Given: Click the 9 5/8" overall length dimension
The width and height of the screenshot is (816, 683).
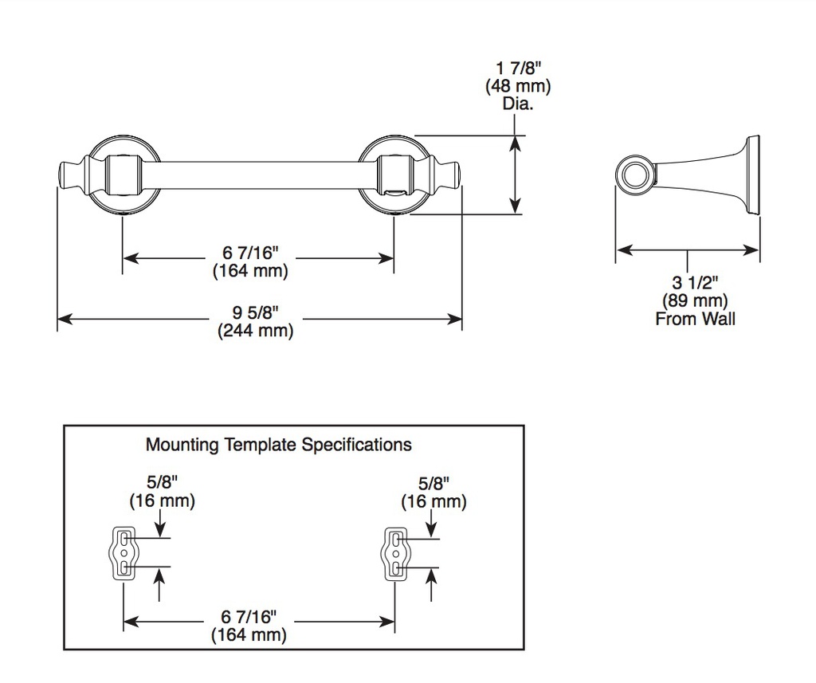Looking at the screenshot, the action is click(256, 312).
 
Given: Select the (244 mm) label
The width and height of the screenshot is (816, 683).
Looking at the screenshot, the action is click(256, 331).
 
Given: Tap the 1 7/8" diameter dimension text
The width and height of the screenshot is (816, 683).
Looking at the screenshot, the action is click(518, 68).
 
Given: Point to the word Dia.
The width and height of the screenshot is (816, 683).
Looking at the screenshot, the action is click(518, 104).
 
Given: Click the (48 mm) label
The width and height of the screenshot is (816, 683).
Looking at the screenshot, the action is click(518, 86).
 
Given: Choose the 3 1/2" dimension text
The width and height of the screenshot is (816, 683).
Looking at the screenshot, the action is click(695, 283).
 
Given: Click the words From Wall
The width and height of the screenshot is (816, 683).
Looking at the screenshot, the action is click(695, 319).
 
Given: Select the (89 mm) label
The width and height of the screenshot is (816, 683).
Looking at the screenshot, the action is click(695, 300).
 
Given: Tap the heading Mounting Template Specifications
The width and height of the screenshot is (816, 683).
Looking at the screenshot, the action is click(278, 445).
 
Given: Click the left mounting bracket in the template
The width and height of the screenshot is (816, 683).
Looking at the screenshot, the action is click(124, 553).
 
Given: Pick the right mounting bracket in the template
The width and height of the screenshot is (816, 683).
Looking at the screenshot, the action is click(395, 553).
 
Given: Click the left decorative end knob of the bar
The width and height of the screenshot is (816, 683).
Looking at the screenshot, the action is click(70, 175).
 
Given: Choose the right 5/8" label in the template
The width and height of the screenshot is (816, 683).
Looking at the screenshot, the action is click(434, 484).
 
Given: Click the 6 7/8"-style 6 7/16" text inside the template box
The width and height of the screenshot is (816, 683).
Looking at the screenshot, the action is click(249, 617).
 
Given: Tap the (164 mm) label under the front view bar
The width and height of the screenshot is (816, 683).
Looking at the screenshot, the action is click(250, 271).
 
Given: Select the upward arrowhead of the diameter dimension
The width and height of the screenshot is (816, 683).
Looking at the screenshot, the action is click(515, 142).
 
